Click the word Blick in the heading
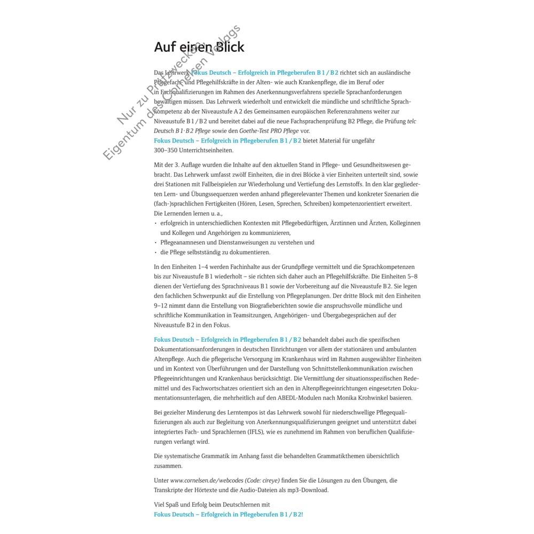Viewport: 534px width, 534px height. point(226,47)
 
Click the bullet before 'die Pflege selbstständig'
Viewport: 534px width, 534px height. point(155,253)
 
